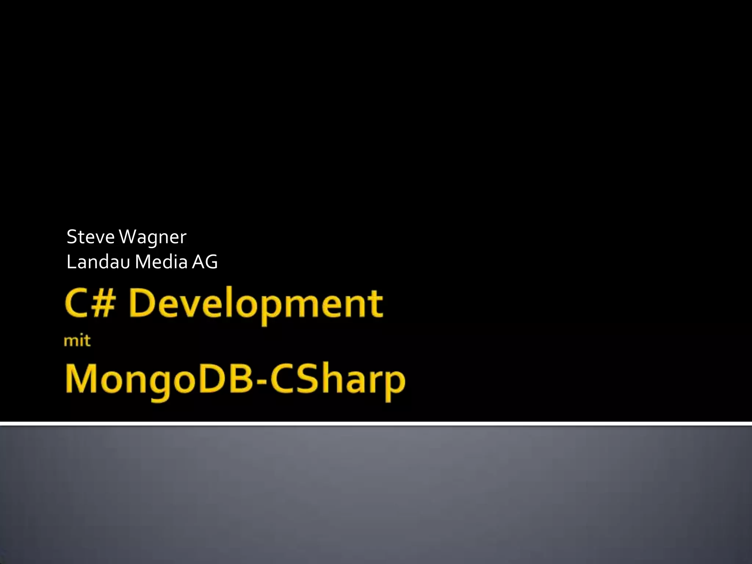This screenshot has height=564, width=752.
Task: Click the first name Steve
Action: pos(90,237)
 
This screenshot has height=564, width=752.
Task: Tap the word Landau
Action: pos(98,262)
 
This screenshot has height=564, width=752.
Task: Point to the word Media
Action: pos(162,262)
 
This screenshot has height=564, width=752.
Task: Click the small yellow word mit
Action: pos(77,341)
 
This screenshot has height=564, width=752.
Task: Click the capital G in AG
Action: pos(211,262)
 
